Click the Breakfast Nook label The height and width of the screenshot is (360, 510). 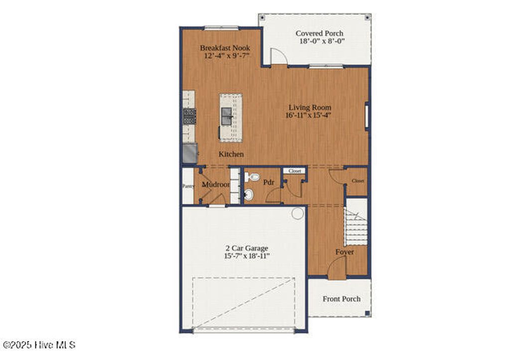(x=225, y=48)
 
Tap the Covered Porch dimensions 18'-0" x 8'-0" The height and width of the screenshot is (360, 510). (x=321, y=41)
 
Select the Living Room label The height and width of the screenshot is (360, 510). (x=309, y=107)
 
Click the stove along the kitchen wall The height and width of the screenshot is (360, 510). (x=189, y=116)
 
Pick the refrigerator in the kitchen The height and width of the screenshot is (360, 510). (x=189, y=153)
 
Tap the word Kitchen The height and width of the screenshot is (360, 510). (x=232, y=154)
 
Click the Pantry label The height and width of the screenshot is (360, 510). (x=188, y=186)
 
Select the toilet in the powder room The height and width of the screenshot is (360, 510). (x=252, y=177)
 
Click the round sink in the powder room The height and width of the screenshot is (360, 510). (x=249, y=194)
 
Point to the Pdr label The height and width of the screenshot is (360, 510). (x=269, y=183)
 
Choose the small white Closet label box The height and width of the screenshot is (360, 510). (x=295, y=171)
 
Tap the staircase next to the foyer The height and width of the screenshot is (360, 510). (x=357, y=227)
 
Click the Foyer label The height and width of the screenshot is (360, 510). (x=345, y=252)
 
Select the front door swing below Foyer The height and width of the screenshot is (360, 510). (x=337, y=269)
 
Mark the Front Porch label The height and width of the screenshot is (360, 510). (x=342, y=299)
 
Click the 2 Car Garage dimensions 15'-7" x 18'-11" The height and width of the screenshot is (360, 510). (x=247, y=256)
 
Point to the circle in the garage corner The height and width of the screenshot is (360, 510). (x=297, y=214)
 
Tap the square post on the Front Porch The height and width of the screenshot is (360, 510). (x=367, y=313)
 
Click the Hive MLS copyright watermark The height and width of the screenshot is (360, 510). (x=39, y=345)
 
